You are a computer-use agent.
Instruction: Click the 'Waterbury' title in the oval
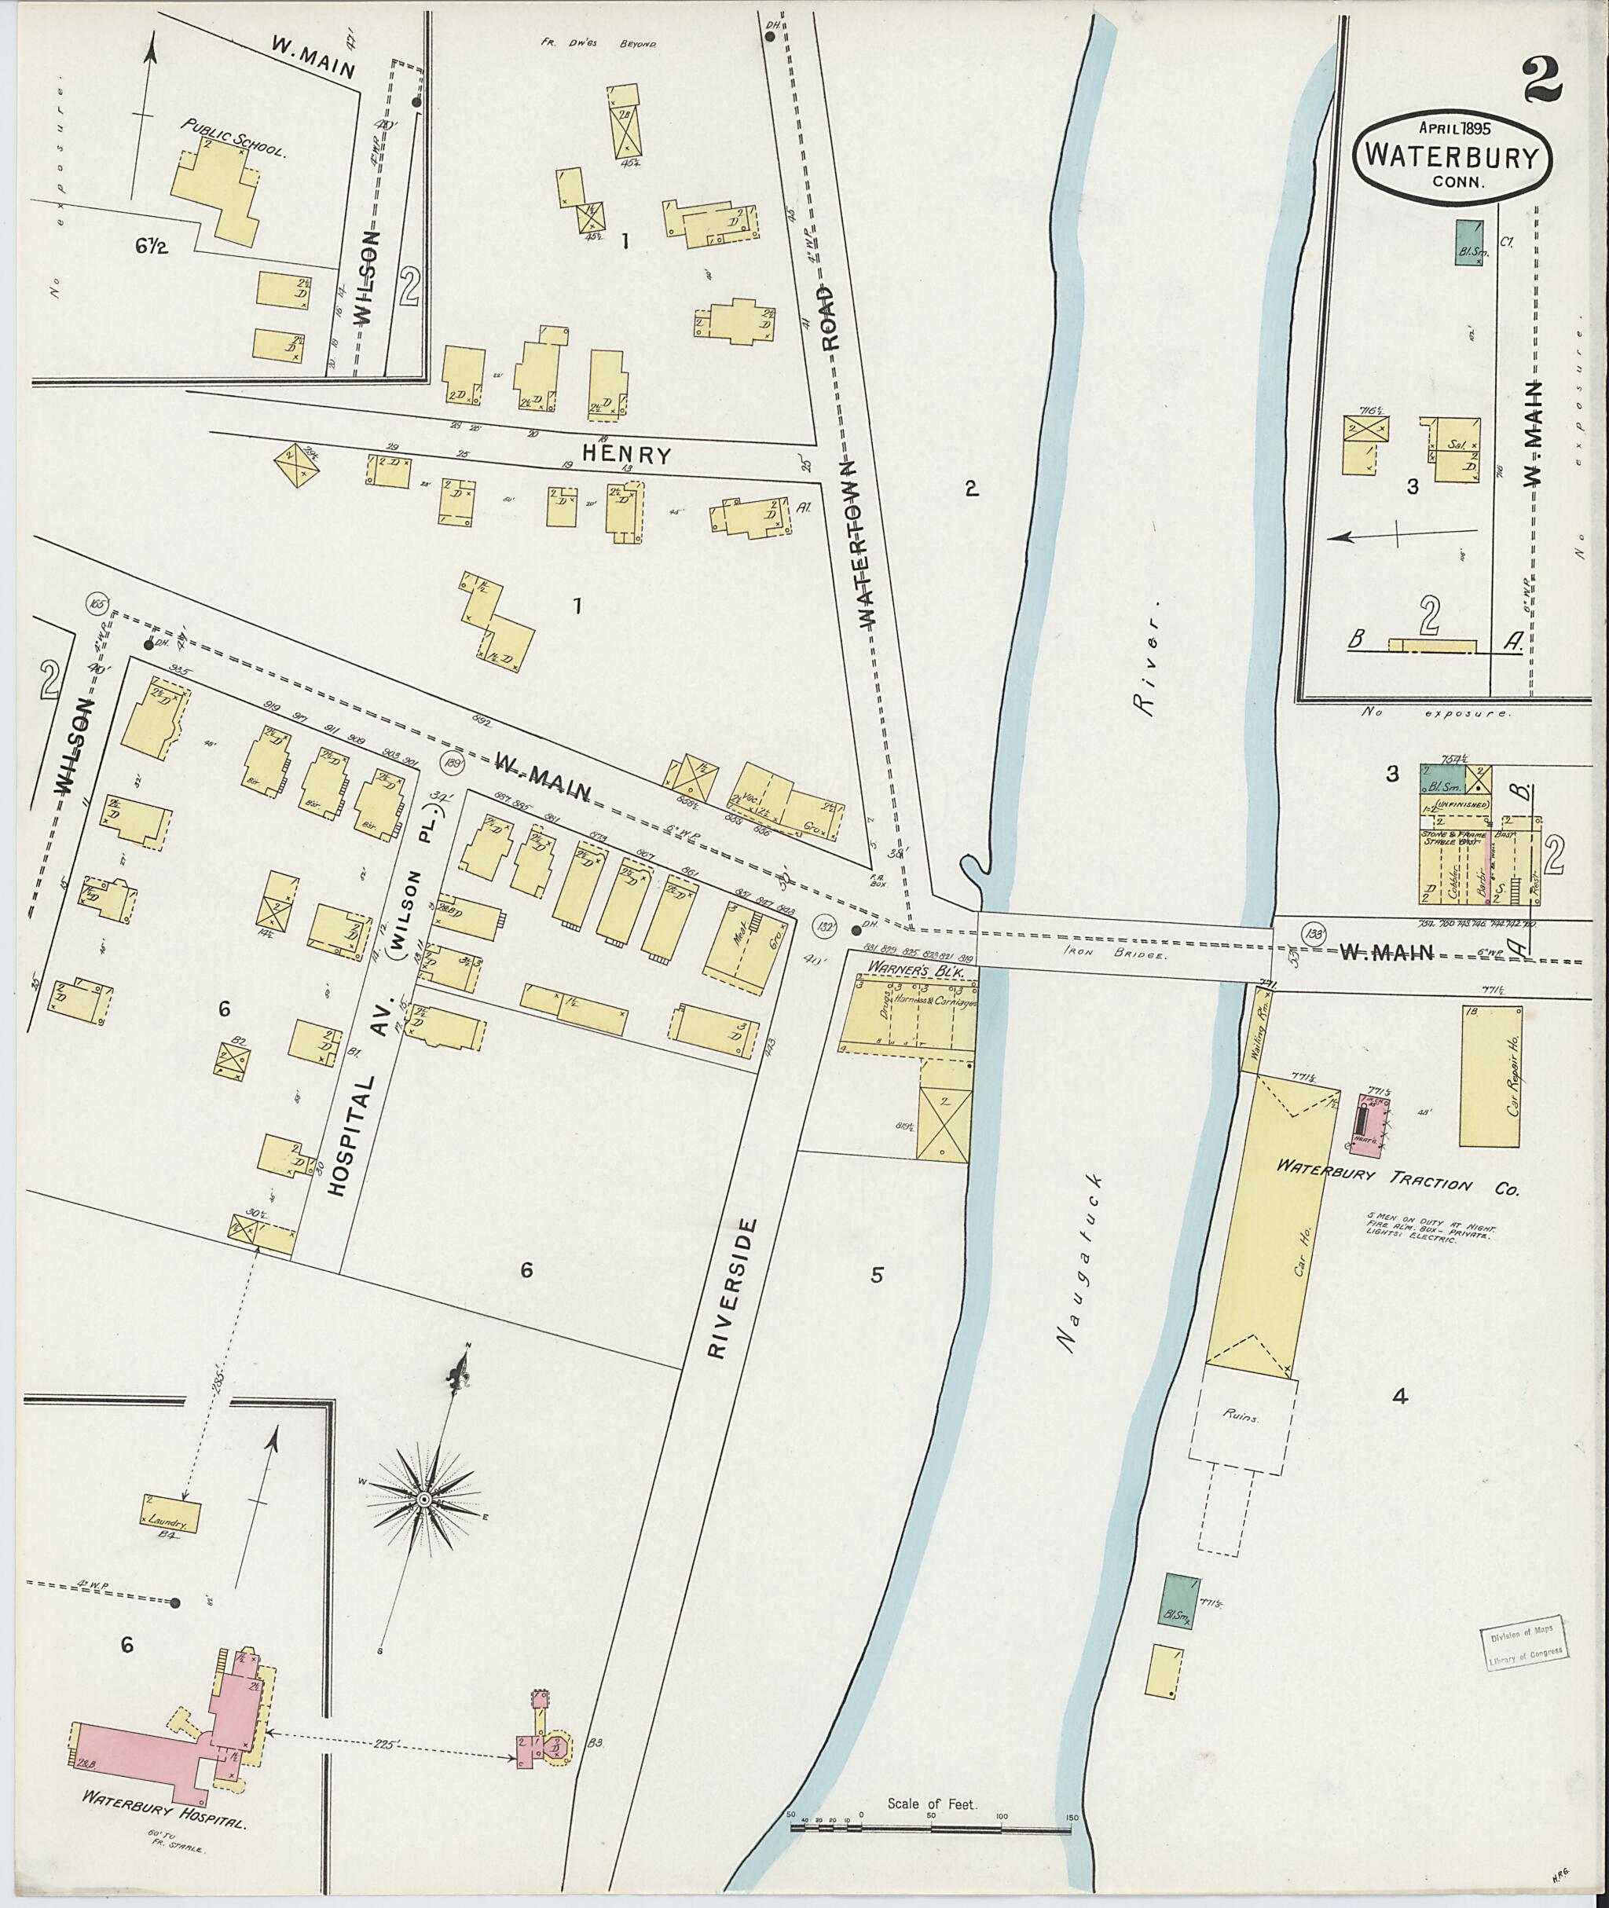[1456, 156]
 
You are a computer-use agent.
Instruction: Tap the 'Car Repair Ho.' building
[1490, 1076]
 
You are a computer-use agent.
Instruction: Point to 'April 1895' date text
[1455, 129]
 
